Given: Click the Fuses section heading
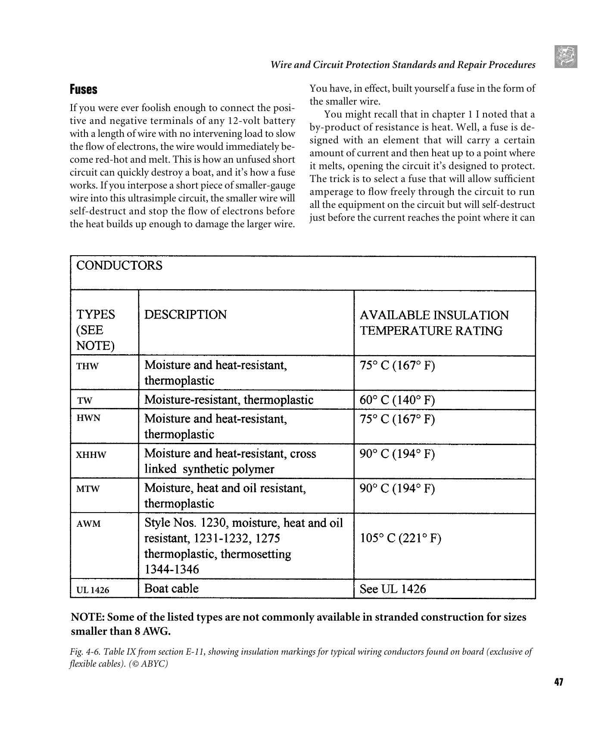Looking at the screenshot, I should (x=84, y=90).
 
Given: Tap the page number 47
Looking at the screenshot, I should (x=558, y=682).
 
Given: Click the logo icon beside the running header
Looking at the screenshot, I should (x=566, y=57).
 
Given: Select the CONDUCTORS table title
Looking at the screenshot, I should (x=119, y=266).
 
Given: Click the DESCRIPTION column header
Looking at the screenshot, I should (x=185, y=315).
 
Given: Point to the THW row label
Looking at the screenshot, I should (x=87, y=366).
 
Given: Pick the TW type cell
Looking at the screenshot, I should (x=85, y=401).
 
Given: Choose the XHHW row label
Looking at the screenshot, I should (x=91, y=455).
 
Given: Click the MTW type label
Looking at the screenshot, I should (x=88, y=489).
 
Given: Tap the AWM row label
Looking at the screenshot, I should (x=88, y=524).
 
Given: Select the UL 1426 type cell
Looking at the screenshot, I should (x=93, y=590).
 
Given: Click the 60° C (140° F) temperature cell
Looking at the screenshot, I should (x=397, y=400).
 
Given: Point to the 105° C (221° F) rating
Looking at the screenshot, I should (x=400, y=538).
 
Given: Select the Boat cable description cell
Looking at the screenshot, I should (x=172, y=589).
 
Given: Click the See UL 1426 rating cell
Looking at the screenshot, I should (x=393, y=589).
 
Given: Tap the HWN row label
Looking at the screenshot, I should (x=88, y=418).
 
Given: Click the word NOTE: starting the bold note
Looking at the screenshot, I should (x=87, y=617).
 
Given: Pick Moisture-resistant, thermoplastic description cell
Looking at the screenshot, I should (x=229, y=400).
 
